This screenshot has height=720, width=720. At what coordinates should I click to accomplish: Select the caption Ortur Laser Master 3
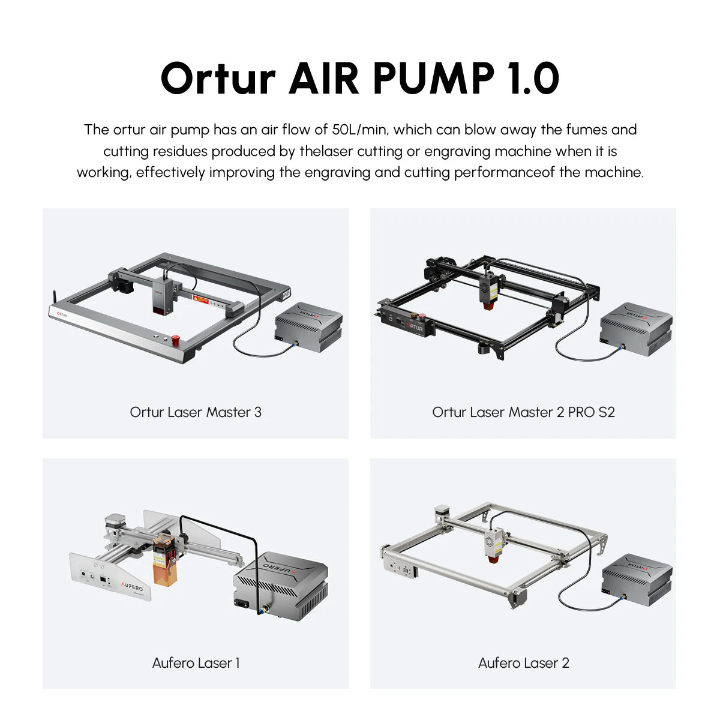[196, 412]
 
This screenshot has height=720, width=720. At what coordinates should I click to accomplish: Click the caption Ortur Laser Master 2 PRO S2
[523, 412]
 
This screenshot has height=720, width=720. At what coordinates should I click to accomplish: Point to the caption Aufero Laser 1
[196, 663]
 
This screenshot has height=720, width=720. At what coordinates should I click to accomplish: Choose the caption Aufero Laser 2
[523, 663]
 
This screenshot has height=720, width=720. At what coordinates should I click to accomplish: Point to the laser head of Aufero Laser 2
[493, 543]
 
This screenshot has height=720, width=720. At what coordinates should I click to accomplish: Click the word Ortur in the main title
[218, 79]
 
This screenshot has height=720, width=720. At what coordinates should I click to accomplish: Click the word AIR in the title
[324, 79]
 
